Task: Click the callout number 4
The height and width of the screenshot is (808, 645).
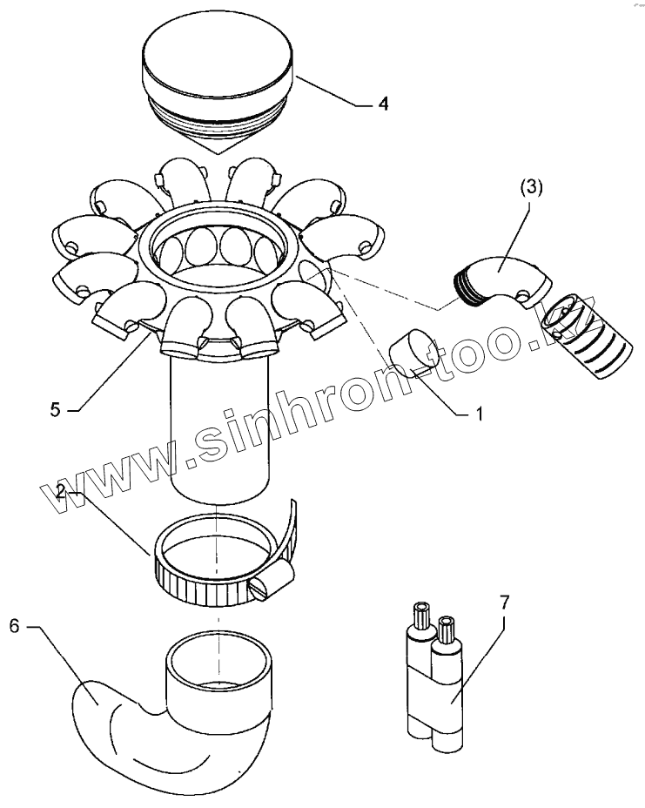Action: [383, 104]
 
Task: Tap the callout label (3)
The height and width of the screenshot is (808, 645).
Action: [531, 187]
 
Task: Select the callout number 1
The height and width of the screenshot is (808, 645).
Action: [479, 414]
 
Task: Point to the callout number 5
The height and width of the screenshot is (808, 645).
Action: [56, 410]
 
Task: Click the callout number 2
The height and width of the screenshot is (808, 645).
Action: [61, 492]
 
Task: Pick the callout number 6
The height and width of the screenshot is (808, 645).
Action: [15, 627]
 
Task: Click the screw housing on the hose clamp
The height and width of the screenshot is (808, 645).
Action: [271, 582]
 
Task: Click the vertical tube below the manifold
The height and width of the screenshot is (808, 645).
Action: [220, 428]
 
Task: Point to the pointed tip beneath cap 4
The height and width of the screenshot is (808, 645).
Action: [218, 153]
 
